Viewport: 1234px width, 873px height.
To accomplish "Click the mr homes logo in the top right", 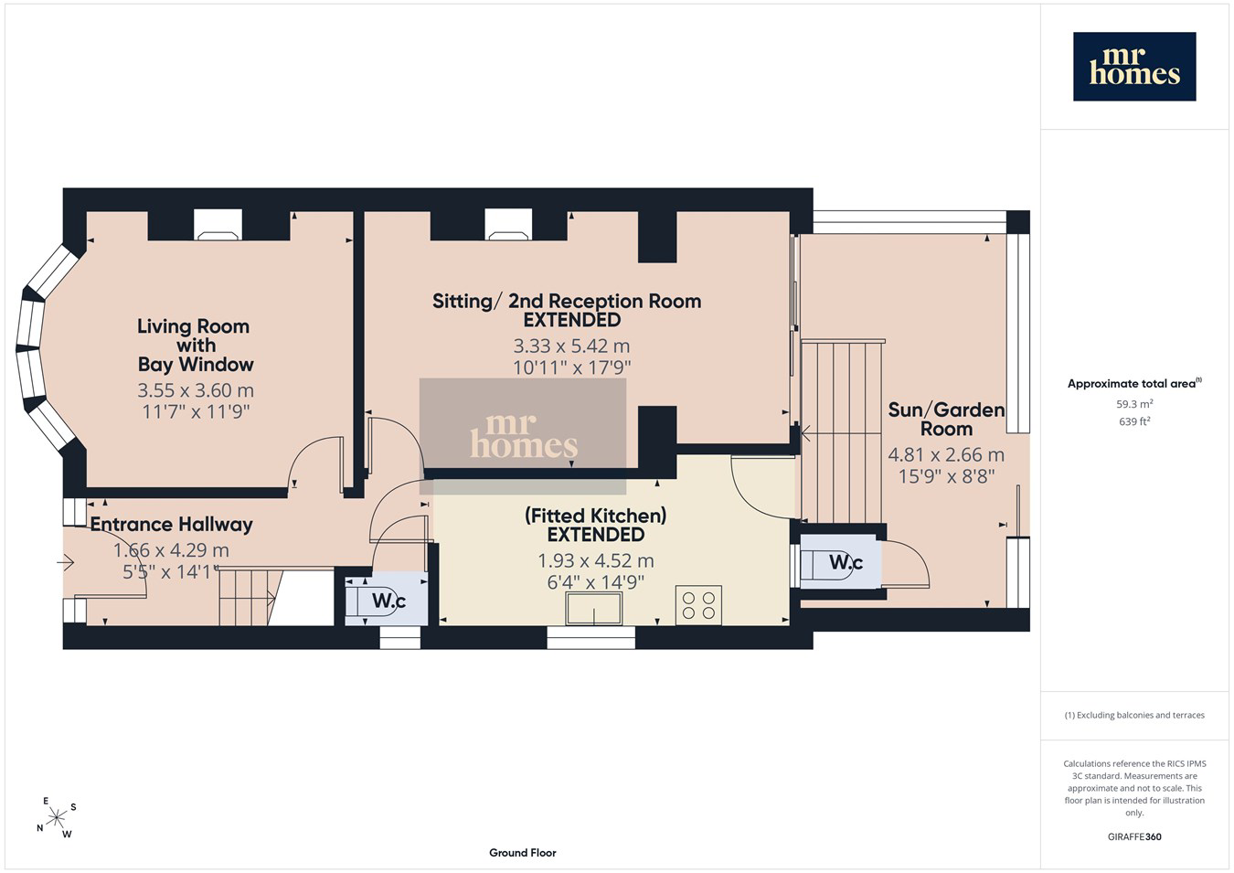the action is click(1134, 67).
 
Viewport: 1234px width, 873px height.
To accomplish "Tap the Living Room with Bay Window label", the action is click(194, 346).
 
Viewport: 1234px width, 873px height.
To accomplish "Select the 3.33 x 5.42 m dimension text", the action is click(571, 346).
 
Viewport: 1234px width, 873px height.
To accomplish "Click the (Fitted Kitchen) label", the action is click(595, 516).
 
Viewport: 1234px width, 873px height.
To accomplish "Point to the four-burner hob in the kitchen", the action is click(698, 605).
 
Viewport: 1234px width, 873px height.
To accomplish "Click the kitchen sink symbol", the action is click(594, 609).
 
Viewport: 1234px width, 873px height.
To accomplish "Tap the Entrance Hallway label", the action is click(171, 525).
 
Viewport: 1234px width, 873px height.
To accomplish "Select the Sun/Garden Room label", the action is click(946, 420).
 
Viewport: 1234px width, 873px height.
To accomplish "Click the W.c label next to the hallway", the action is click(388, 601).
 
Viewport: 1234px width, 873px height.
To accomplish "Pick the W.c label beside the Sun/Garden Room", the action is click(846, 562).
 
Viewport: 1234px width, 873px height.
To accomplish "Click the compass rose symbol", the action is click(56, 818).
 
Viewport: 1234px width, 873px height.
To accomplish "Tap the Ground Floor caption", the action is click(523, 853).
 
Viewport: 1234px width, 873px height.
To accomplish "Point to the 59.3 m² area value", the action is click(1134, 404).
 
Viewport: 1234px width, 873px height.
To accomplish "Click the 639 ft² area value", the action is click(1134, 421).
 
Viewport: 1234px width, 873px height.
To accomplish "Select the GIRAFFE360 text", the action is click(1134, 836).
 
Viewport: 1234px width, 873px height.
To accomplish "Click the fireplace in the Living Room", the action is click(218, 225).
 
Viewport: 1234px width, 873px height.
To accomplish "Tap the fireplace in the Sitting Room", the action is click(508, 225).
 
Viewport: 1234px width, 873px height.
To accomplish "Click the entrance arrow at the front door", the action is click(66, 562).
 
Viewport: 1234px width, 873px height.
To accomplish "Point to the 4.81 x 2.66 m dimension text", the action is click(946, 455).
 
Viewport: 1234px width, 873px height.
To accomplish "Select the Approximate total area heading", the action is click(1134, 383).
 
